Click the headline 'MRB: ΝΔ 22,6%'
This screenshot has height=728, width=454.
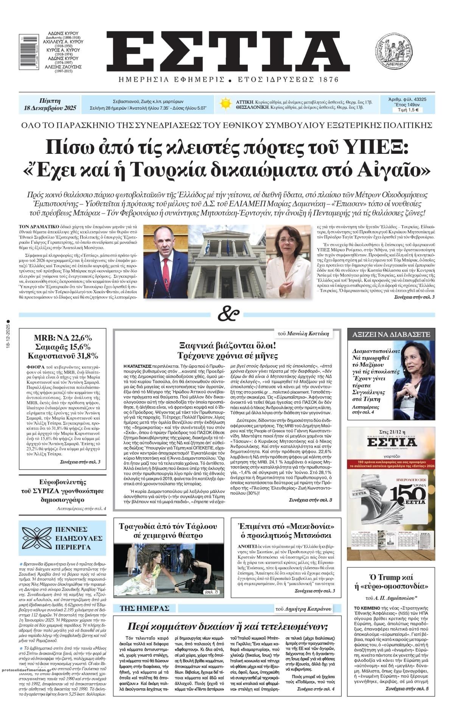click(63, 338)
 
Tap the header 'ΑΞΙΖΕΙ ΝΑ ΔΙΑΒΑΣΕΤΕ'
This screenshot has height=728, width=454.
click(391, 334)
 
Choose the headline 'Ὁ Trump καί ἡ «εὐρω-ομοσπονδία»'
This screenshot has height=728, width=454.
click(391, 582)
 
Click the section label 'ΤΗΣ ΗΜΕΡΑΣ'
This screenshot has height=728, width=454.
click(145, 608)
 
